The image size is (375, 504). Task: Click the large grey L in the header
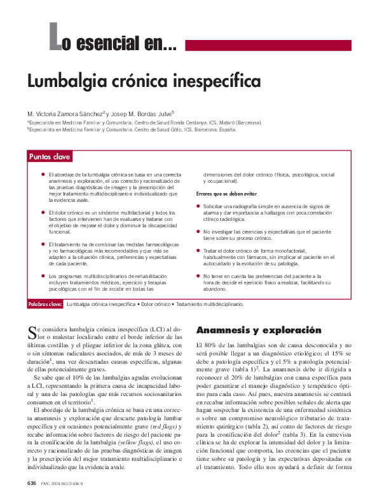[x=56, y=37]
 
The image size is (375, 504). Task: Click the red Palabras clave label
[x=45, y=305]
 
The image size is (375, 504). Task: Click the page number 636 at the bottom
[x=32, y=484]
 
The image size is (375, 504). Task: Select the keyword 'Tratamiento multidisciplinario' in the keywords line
[x=209, y=305]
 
